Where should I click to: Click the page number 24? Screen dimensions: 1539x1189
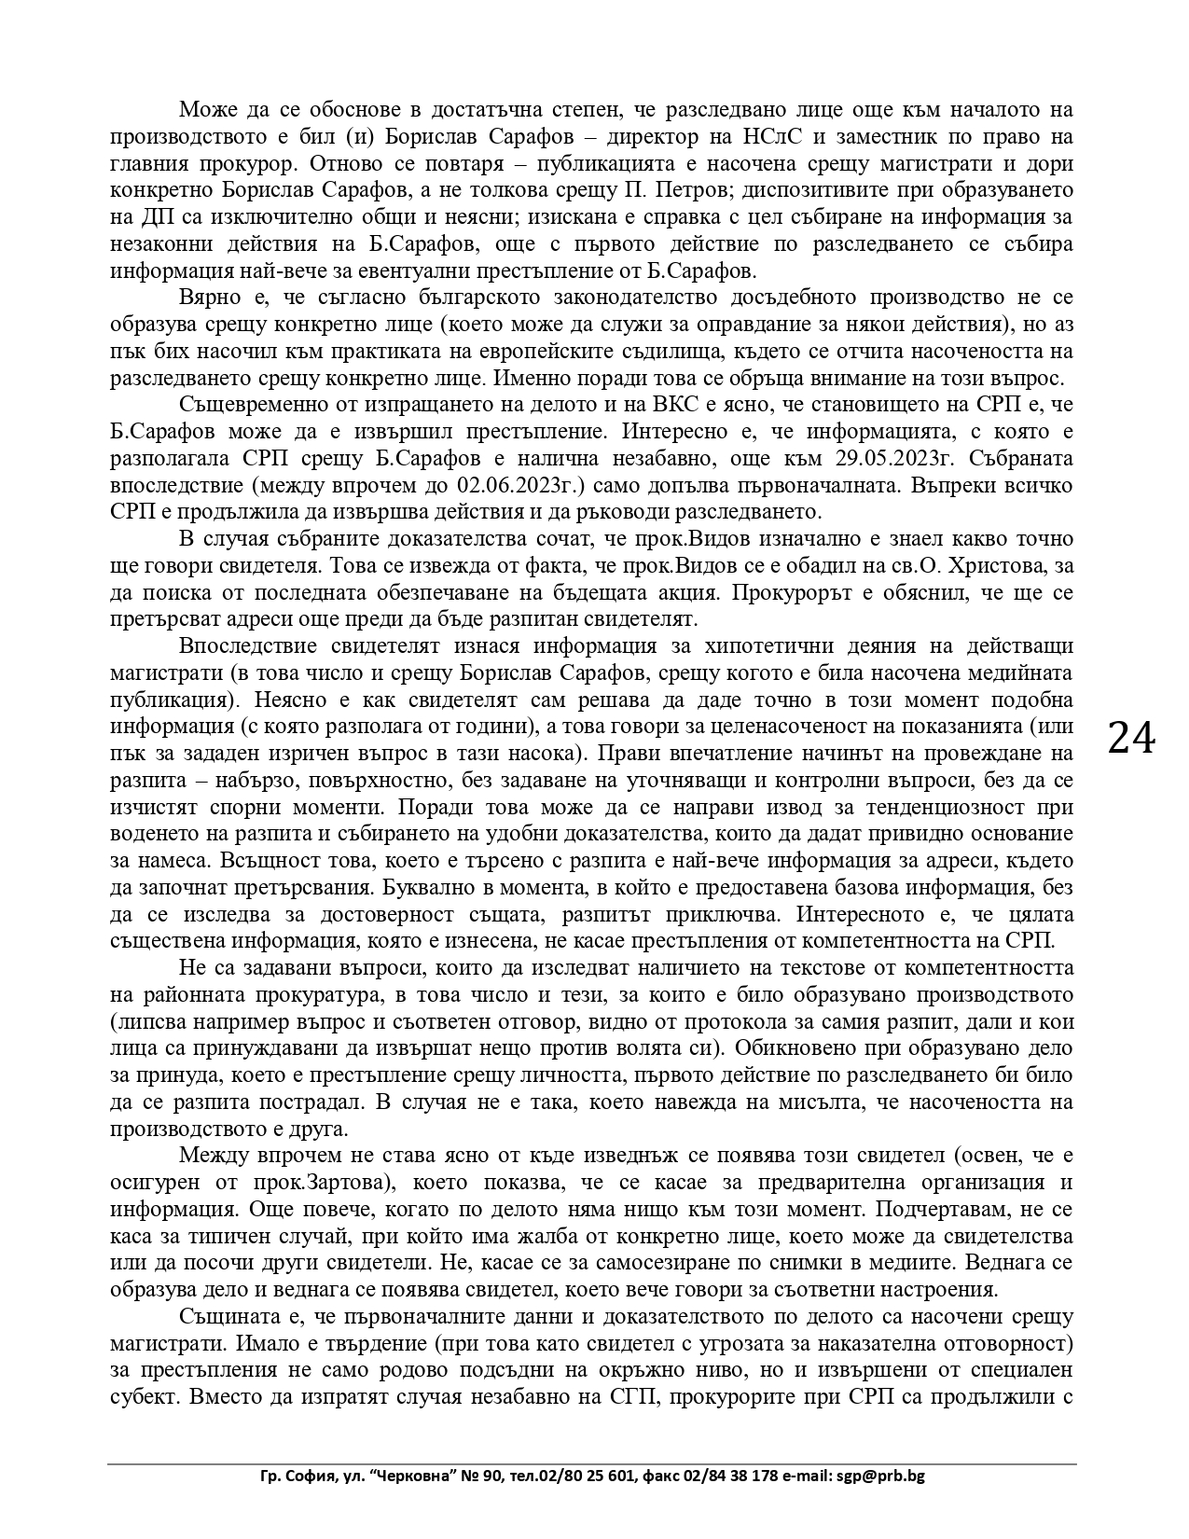(1131, 739)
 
